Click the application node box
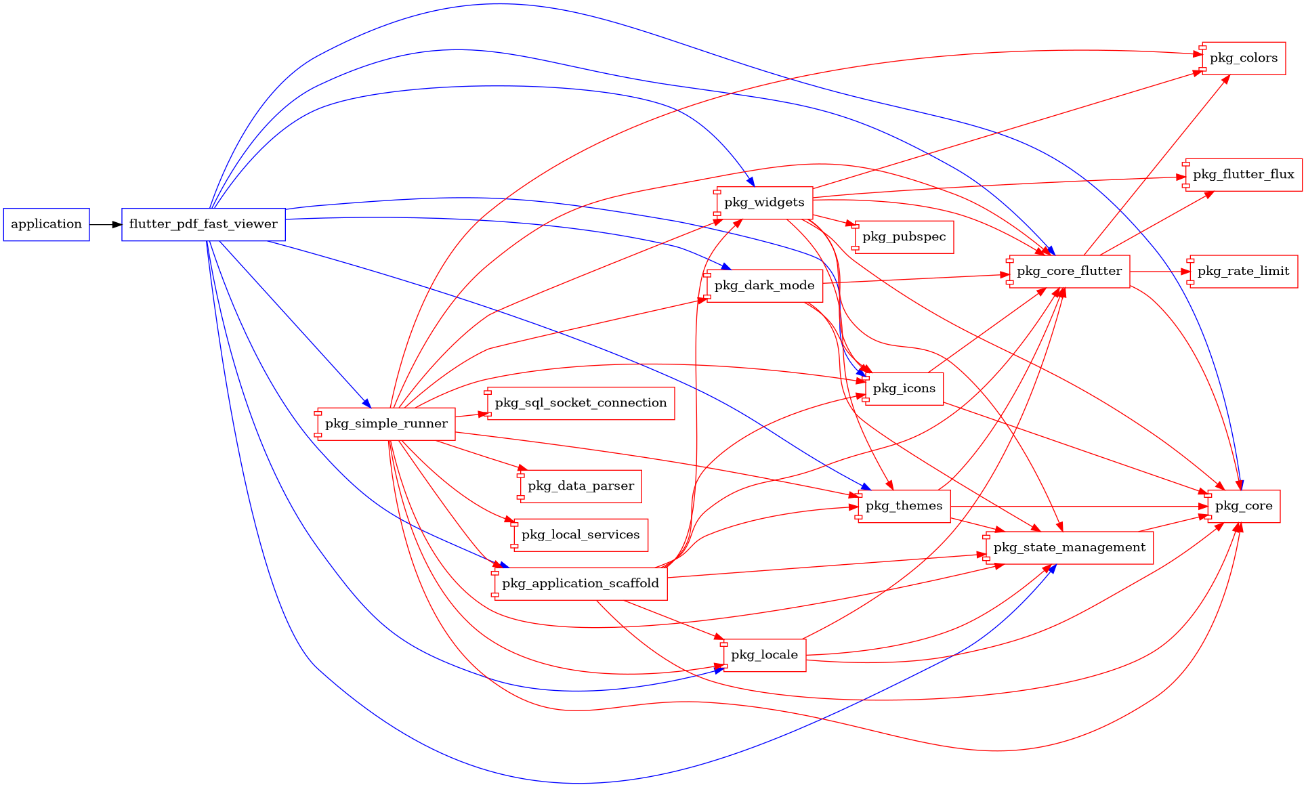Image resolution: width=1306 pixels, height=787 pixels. pyautogui.click(x=46, y=224)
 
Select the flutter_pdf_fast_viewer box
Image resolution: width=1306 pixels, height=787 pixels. pyautogui.click(x=203, y=224)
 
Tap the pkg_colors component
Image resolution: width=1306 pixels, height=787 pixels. pyautogui.click(x=1244, y=58)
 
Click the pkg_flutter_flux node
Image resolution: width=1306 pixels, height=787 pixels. pyautogui.click(x=1243, y=175)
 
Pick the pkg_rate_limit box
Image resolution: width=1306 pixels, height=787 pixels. pyautogui.click(x=1243, y=272)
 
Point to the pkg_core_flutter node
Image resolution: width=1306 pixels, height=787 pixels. pyautogui.click(x=1069, y=272)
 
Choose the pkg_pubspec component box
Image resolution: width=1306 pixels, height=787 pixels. pyautogui.click(x=904, y=237)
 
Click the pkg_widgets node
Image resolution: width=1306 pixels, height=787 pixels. pyautogui.click(x=764, y=203)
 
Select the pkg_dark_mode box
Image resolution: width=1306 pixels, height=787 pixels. pyautogui.click(x=764, y=286)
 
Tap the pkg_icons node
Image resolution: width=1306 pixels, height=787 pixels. pyautogui.click(x=904, y=389)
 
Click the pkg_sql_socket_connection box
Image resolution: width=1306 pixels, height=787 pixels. pyautogui.click(x=581, y=403)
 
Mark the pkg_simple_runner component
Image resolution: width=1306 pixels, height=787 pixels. pyautogui.click(x=386, y=424)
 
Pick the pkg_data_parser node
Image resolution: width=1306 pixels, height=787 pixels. pyautogui.click(x=581, y=486)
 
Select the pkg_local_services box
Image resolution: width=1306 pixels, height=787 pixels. pyautogui.click(x=581, y=535)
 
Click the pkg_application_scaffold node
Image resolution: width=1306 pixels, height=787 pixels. pyautogui.click(x=581, y=584)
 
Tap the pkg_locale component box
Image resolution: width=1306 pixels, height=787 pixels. pyautogui.click(x=764, y=655)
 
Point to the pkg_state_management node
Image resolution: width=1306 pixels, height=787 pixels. pyautogui.click(x=1069, y=548)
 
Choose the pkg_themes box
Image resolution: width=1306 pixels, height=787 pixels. pyautogui.click(x=904, y=506)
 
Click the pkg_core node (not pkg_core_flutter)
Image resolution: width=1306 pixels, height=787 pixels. pyautogui.click(x=1243, y=506)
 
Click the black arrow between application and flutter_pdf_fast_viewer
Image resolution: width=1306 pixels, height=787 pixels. pyautogui.click(x=105, y=224)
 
